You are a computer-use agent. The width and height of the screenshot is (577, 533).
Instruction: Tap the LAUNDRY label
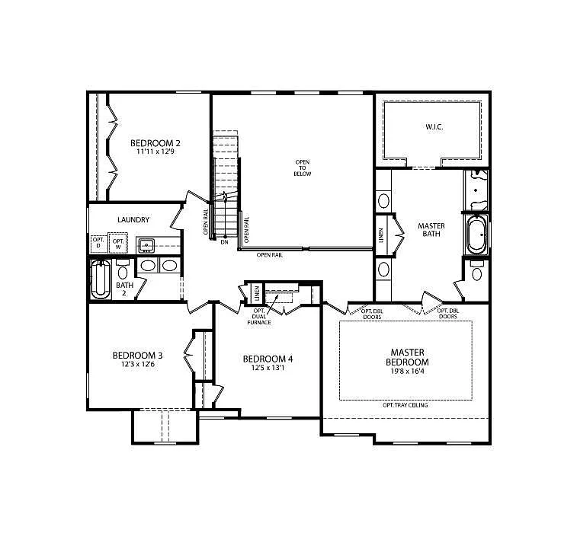tap(133, 220)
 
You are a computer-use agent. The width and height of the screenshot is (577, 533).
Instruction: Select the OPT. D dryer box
tap(98, 243)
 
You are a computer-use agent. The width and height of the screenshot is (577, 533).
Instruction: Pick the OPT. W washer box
tap(118, 243)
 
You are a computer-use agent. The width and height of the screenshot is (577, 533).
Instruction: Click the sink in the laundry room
tap(147, 245)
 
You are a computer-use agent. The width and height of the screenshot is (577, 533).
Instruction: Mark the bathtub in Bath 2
tap(99, 279)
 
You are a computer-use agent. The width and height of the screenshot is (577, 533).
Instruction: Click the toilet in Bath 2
tap(123, 273)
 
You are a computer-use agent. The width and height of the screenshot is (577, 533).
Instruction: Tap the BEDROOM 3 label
tap(137, 355)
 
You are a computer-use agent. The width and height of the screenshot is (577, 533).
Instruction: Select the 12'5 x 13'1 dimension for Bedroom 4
tap(267, 369)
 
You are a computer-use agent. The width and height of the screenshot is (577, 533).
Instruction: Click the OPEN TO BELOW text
tap(303, 168)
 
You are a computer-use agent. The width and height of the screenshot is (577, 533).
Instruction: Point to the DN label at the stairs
tap(224, 242)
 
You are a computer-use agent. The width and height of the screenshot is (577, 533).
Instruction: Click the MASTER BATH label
tap(431, 230)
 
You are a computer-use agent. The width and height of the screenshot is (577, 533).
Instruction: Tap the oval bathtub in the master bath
tap(476, 237)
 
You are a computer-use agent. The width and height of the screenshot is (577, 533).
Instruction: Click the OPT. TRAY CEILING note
tap(405, 405)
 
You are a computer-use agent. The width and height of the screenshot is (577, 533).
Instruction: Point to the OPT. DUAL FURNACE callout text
tap(259, 316)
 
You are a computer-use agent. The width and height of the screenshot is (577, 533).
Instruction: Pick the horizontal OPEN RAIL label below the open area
tap(269, 255)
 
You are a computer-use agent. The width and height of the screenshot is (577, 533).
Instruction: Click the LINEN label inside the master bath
tap(381, 236)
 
